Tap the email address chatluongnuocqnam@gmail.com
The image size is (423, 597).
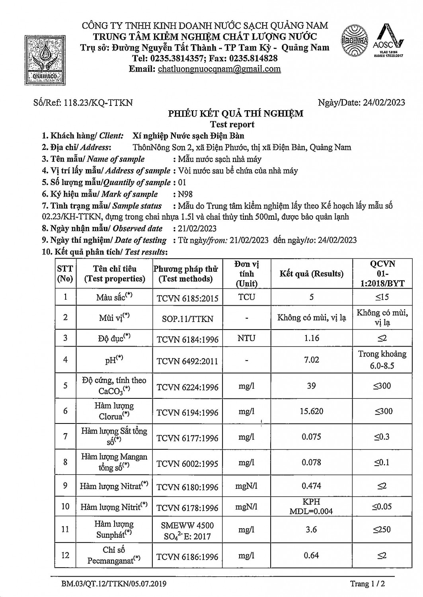click(x=219, y=69)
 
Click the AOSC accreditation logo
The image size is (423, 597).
click(x=388, y=41)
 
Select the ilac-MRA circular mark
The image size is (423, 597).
click(x=354, y=41)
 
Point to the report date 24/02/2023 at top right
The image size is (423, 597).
click(x=384, y=103)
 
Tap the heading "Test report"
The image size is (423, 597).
click(x=232, y=125)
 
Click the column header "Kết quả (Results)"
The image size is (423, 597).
click(x=311, y=274)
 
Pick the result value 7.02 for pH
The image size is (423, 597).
click(x=311, y=360)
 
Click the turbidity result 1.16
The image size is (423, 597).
click(x=311, y=338)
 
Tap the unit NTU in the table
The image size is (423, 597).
click(x=246, y=338)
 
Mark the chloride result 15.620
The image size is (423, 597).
click(x=311, y=412)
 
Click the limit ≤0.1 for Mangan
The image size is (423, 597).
click(x=382, y=462)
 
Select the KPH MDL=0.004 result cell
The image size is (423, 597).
click(x=311, y=507)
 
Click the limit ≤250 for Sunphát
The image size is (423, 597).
click(x=382, y=530)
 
